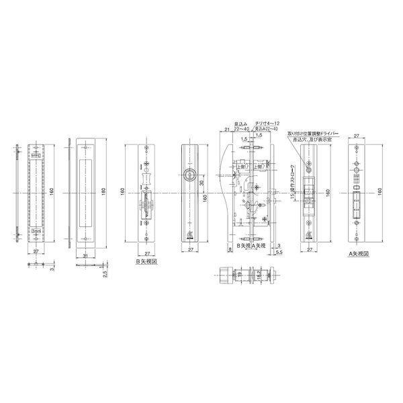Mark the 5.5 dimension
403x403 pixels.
click(x=279, y=254)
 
